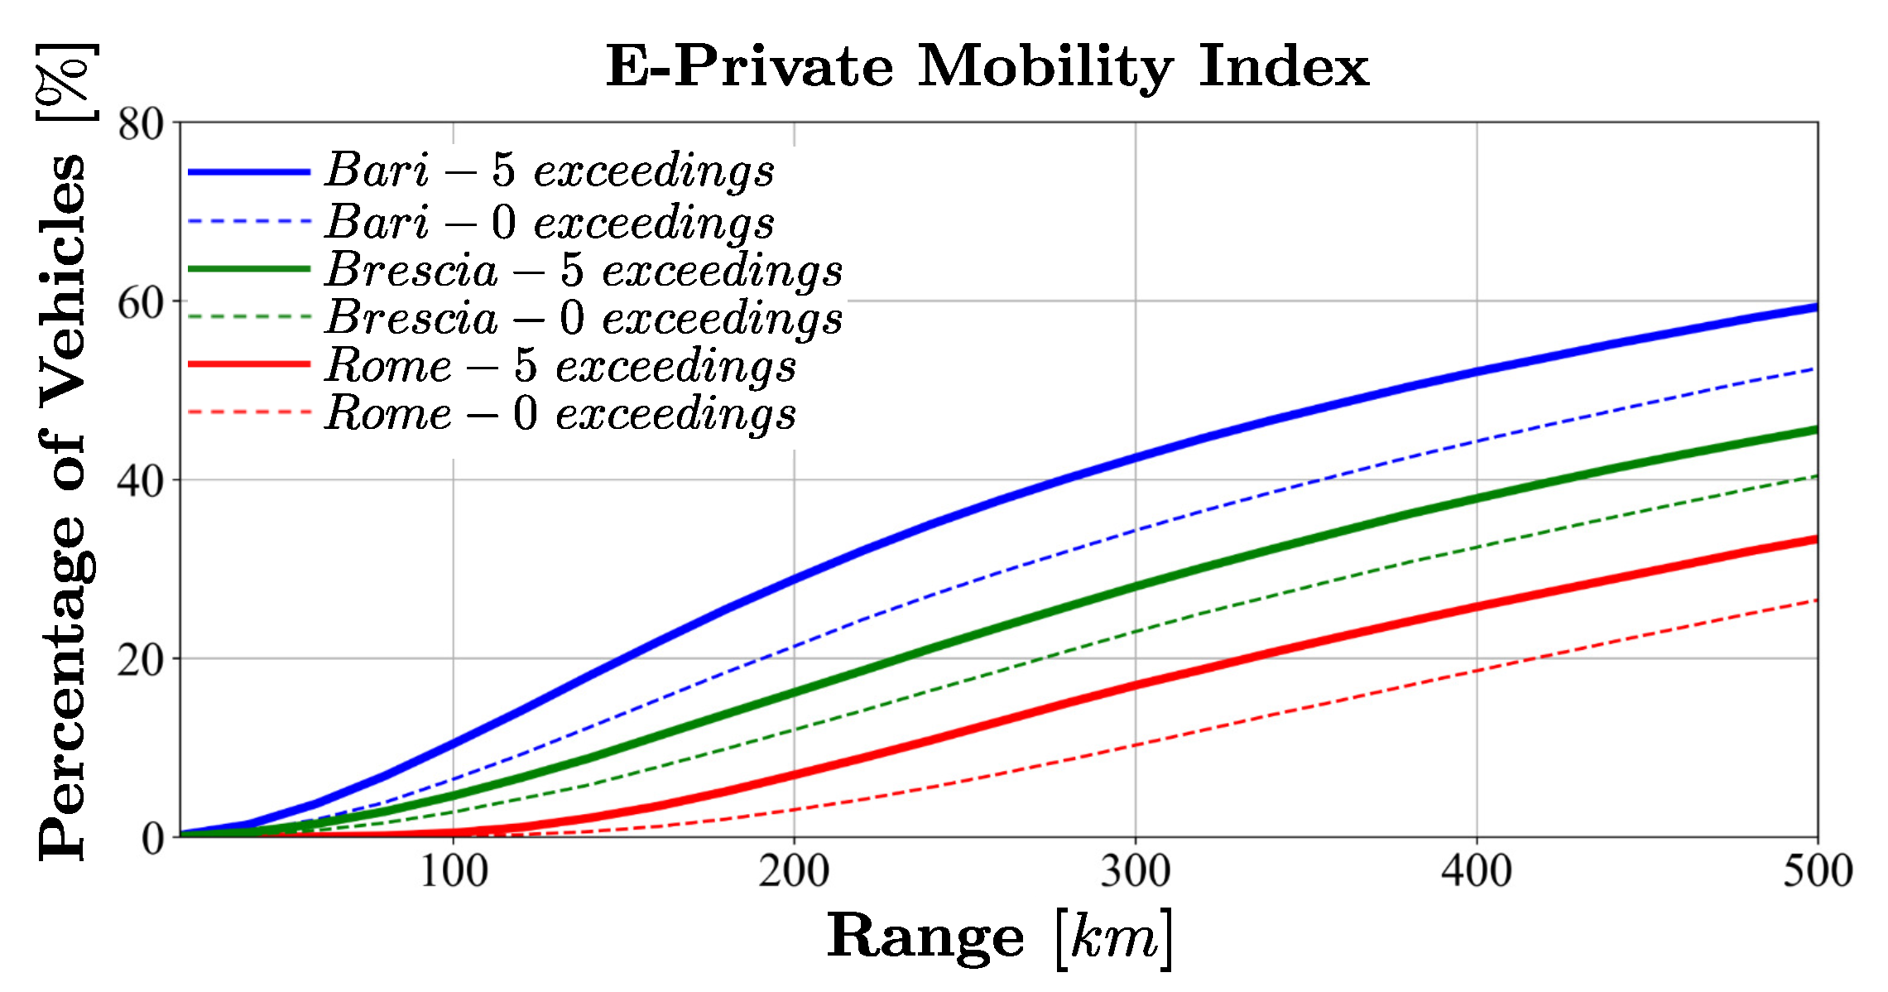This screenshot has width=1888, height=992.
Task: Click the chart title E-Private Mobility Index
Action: click(x=987, y=66)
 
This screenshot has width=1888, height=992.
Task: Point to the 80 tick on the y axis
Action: click(x=141, y=125)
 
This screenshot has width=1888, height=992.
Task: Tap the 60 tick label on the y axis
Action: click(x=141, y=303)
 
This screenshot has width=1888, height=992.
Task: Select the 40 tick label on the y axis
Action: click(x=141, y=481)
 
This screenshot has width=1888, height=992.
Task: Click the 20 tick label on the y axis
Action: click(x=141, y=660)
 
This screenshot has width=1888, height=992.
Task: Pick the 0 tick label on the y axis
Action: click(x=153, y=839)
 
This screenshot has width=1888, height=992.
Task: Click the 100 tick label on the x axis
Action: click(x=453, y=872)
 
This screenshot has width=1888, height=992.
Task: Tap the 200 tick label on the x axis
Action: click(x=794, y=872)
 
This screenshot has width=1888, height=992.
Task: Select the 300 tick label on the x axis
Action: click(x=1135, y=872)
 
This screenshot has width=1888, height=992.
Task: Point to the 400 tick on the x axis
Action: click(x=1477, y=872)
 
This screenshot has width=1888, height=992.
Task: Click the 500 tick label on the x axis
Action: click(x=1817, y=872)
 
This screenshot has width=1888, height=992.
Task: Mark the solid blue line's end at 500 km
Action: click(x=1815, y=307)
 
